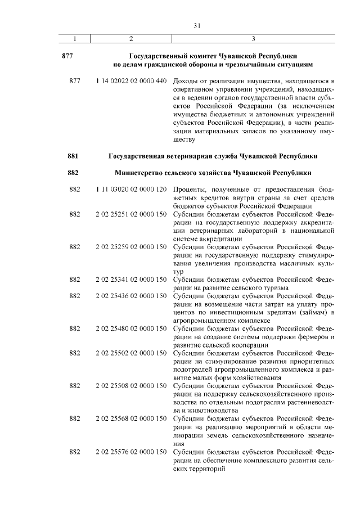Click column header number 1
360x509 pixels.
click(75, 39)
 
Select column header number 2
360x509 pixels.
click(131, 39)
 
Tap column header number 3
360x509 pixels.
click(254, 39)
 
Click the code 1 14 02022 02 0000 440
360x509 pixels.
click(131, 81)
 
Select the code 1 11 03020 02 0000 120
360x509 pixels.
click(131, 190)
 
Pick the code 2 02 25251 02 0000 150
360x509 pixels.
click(131, 214)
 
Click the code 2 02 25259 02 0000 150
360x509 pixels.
click(131, 246)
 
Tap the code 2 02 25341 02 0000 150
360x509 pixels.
click(131, 279)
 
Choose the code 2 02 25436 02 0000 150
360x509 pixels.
click(131, 295)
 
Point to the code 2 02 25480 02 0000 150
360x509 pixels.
click(131, 328)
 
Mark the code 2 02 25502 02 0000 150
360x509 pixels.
click(131, 353)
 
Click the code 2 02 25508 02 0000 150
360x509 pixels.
click(131, 386)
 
